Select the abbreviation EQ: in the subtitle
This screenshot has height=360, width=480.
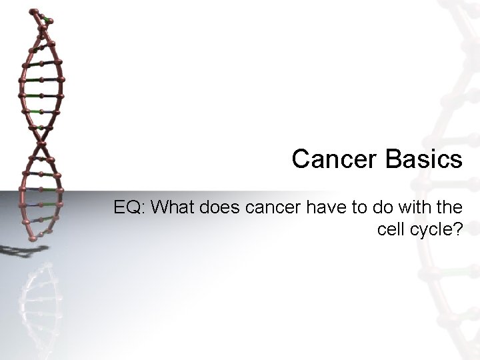click(130, 207)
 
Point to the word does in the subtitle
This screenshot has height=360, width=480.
click(223, 207)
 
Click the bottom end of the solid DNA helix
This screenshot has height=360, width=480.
click(30, 238)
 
